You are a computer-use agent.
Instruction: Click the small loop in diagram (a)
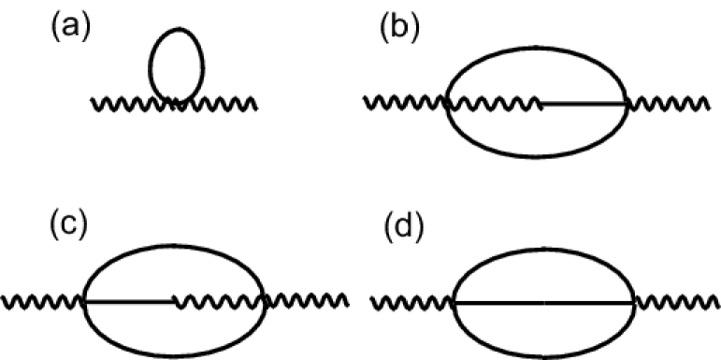pos(176,64)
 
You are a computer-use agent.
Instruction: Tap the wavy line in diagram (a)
pos(122,103)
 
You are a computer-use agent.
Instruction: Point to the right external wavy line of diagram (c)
pos(309,301)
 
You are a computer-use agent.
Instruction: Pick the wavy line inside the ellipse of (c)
pos(219,301)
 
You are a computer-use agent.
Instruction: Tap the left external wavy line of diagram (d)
pos(412,302)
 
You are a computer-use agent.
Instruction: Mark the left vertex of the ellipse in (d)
pos(454,302)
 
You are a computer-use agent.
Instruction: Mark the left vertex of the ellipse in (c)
pos(85,301)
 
